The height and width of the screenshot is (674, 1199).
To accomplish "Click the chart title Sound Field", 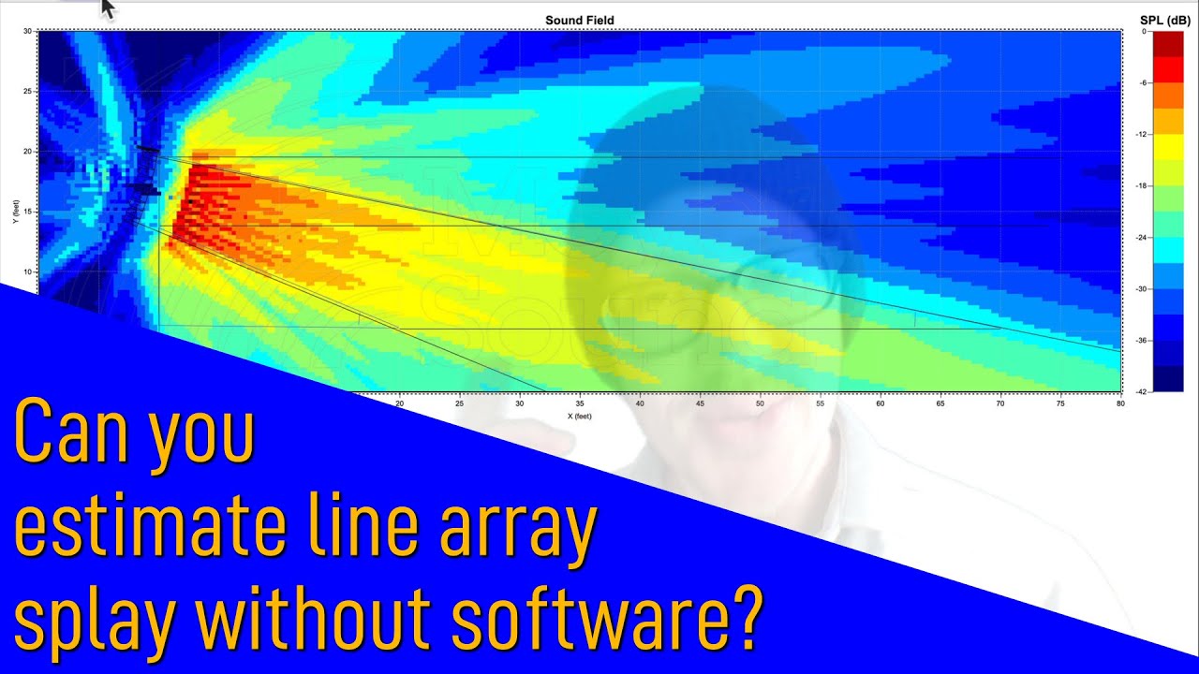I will (x=580, y=21).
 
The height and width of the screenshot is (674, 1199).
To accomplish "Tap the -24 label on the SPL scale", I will (x=1142, y=238).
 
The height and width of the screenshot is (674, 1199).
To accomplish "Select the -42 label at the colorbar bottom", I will (x=1142, y=391).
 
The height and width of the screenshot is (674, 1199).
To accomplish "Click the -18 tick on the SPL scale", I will (x=1142, y=186).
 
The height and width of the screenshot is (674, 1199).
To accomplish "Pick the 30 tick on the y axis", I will (x=28, y=31).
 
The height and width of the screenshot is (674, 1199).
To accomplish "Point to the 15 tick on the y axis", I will (x=28, y=212).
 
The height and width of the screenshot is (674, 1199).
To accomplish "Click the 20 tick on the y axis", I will (x=28, y=151).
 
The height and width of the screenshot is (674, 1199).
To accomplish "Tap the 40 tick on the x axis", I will (x=640, y=403).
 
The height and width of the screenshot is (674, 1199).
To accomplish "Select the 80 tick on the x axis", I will (x=1120, y=403).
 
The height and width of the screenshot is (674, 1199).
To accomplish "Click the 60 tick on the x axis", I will (x=881, y=403).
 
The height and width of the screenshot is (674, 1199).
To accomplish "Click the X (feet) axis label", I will (x=580, y=416).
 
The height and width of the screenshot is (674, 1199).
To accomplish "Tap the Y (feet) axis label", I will (x=16, y=212).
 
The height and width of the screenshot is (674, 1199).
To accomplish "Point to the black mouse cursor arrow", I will (x=107, y=8).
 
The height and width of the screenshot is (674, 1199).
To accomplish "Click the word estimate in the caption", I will (x=151, y=529).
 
